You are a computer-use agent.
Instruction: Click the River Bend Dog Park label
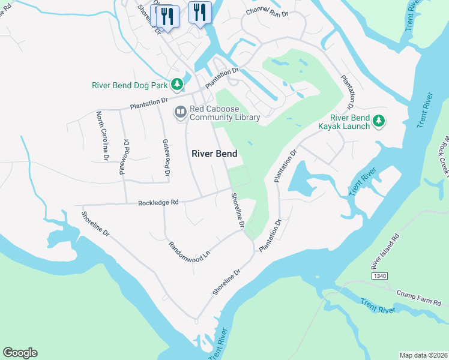[x=130, y=85]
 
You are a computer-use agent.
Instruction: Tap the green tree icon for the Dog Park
[x=176, y=85]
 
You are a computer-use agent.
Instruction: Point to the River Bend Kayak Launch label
[x=349, y=122]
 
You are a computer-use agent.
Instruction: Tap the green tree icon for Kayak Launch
[x=378, y=121]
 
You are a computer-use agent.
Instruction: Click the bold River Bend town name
[x=214, y=154]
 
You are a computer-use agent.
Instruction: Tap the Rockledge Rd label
[x=158, y=203]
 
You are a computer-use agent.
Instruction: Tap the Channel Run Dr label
[x=268, y=12]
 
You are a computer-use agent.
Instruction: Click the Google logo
[x=20, y=353]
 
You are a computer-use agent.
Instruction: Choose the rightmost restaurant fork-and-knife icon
[x=199, y=12]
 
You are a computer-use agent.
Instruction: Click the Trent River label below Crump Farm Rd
[x=378, y=306]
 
